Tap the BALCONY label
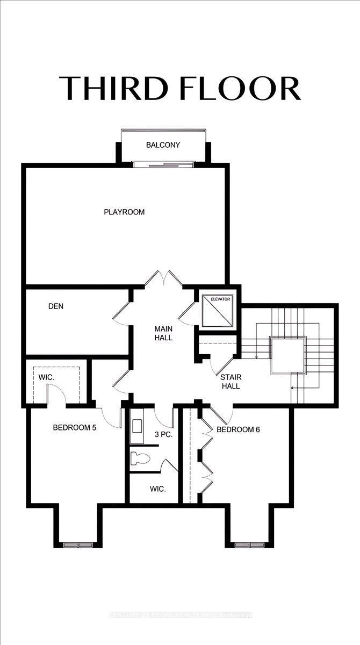pyautogui.click(x=163, y=145)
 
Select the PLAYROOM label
pyautogui.click(x=124, y=212)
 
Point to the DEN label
pyautogui.click(x=56, y=306)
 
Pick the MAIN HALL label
pyautogui.click(x=163, y=333)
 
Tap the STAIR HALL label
pyautogui.click(x=229, y=382)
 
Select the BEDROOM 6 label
pyautogui.click(x=238, y=429)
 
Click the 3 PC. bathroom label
pyautogui.click(x=163, y=434)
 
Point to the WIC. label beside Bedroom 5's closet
pyautogui.click(x=46, y=377)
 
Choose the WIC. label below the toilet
pyautogui.click(x=157, y=489)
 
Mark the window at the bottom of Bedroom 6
pyautogui.click(x=250, y=544)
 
